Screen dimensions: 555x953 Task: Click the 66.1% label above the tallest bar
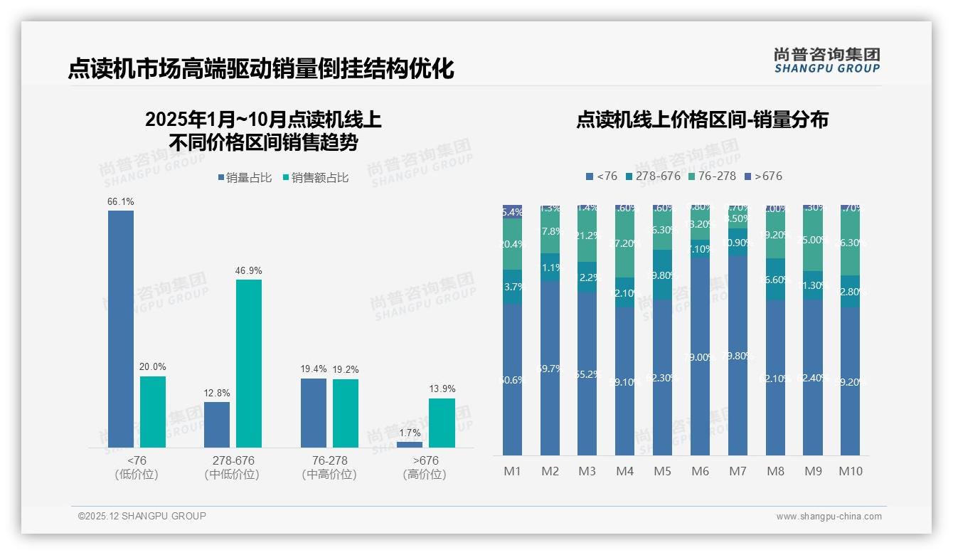point(120,202)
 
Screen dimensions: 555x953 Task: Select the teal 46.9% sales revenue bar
point(249,363)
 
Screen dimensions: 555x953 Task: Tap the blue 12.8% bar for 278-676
point(217,425)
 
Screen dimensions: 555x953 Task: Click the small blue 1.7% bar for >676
point(410,445)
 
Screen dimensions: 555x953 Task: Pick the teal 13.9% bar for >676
point(442,423)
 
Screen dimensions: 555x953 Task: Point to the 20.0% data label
point(153,367)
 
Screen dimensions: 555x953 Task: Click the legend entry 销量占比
point(244,178)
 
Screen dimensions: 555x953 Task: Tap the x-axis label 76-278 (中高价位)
point(329,467)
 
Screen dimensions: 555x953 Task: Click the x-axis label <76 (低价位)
point(137,467)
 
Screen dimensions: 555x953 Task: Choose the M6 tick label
point(701,471)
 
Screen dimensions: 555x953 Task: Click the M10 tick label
point(851,471)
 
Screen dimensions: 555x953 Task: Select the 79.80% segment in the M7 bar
point(738,356)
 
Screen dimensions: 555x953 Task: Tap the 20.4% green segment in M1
point(513,244)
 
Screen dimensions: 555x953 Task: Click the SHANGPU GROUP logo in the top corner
point(826,60)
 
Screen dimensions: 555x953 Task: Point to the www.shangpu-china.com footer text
point(829,517)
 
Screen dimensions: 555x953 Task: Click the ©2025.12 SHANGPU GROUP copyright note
point(142,516)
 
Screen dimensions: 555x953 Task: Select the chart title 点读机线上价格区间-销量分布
point(702,120)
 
